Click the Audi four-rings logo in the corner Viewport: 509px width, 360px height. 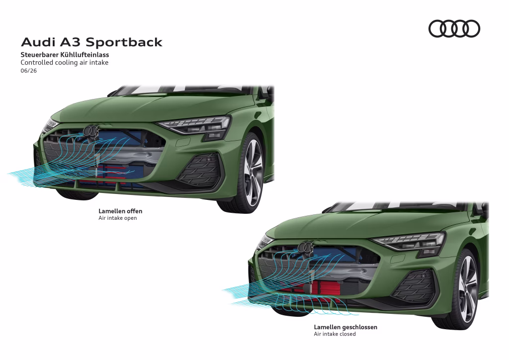pyautogui.click(x=454, y=28)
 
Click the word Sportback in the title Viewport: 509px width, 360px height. pyautogui.click(x=124, y=42)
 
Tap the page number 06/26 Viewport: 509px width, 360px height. pyautogui.click(x=28, y=71)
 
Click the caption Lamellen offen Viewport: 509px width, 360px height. pyautogui.click(x=120, y=211)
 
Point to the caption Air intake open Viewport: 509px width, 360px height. pyautogui.click(x=118, y=218)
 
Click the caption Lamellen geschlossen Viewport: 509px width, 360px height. pyautogui.click(x=345, y=327)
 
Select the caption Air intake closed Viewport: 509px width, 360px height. pyautogui.click(x=335, y=334)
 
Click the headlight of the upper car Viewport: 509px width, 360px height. pyautogui.click(x=195, y=126)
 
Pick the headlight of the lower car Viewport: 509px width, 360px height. pyautogui.click(x=410, y=242)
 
